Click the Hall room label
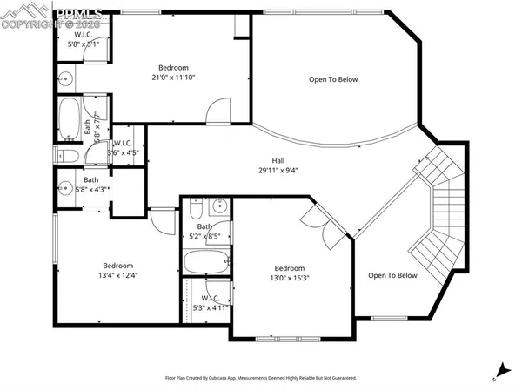pyautogui.click(x=278, y=160)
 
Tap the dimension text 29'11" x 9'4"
pyautogui.click(x=278, y=171)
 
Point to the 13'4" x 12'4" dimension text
pyautogui.click(x=118, y=275)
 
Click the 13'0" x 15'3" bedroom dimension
pyautogui.click(x=290, y=279)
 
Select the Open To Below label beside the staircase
pyautogui.click(x=391, y=275)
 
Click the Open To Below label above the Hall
pyautogui.click(x=333, y=79)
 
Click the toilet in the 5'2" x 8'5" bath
pyautogui.click(x=196, y=209)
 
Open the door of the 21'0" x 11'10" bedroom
pyautogui.click(x=217, y=111)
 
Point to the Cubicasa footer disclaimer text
pyautogui.click(x=261, y=378)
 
